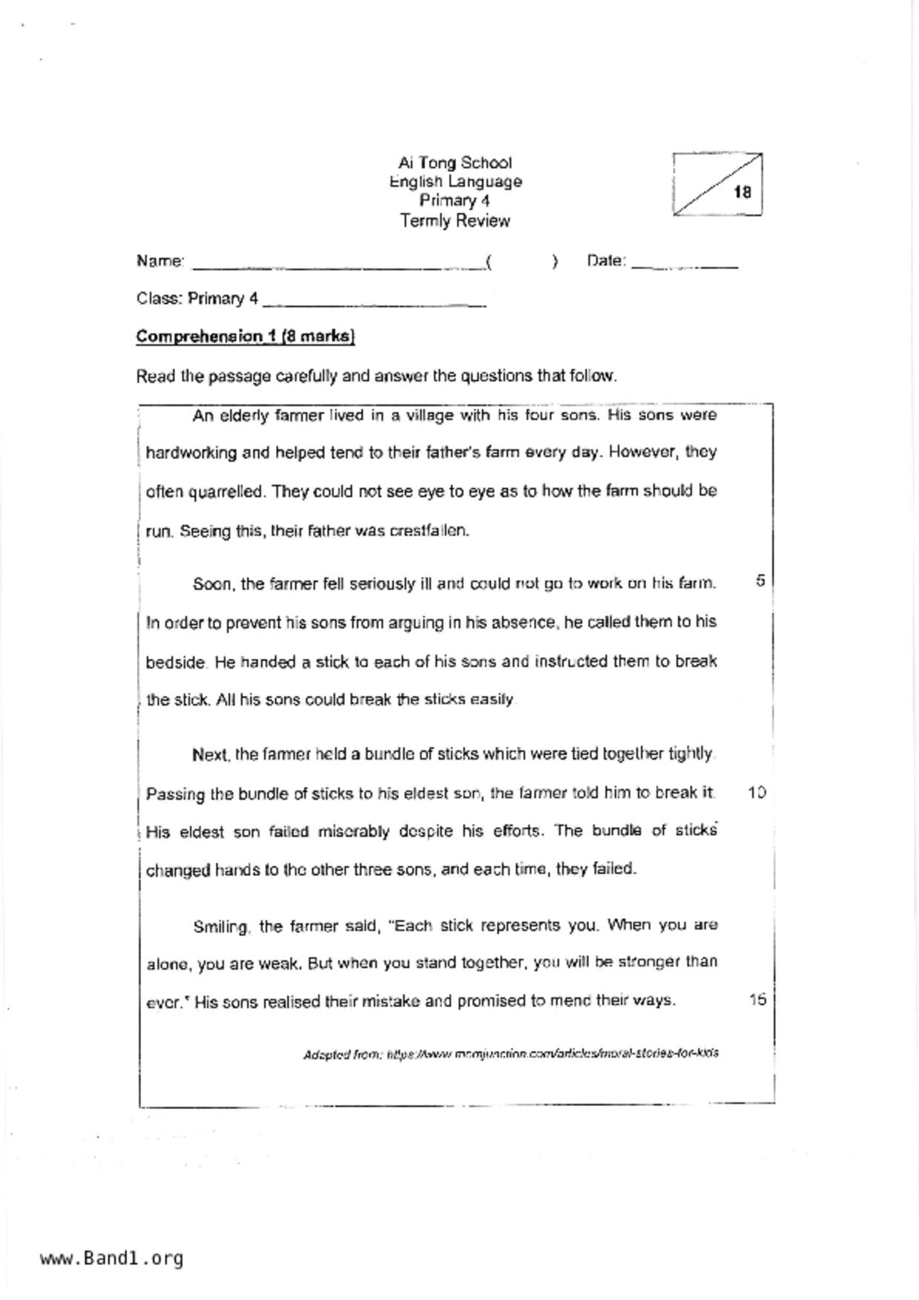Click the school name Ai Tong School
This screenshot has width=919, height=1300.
(455, 163)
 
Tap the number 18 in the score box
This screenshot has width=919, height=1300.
(742, 193)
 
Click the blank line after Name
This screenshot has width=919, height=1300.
(337, 263)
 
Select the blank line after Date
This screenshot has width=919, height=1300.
(684, 263)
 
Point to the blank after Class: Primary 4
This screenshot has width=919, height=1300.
(374, 301)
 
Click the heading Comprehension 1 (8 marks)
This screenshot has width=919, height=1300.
(246, 336)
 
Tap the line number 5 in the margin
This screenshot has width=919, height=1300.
(760, 580)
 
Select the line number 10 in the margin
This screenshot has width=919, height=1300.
(757, 792)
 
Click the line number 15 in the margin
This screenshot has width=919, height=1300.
(757, 999)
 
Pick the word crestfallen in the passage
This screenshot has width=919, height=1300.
(429, 531)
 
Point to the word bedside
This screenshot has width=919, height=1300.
(175, 662)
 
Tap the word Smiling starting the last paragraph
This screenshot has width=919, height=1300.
(220, 926)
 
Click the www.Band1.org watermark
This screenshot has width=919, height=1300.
(111, 1258)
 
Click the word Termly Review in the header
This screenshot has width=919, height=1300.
(455, 221)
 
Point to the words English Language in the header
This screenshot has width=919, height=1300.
(455, 182)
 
